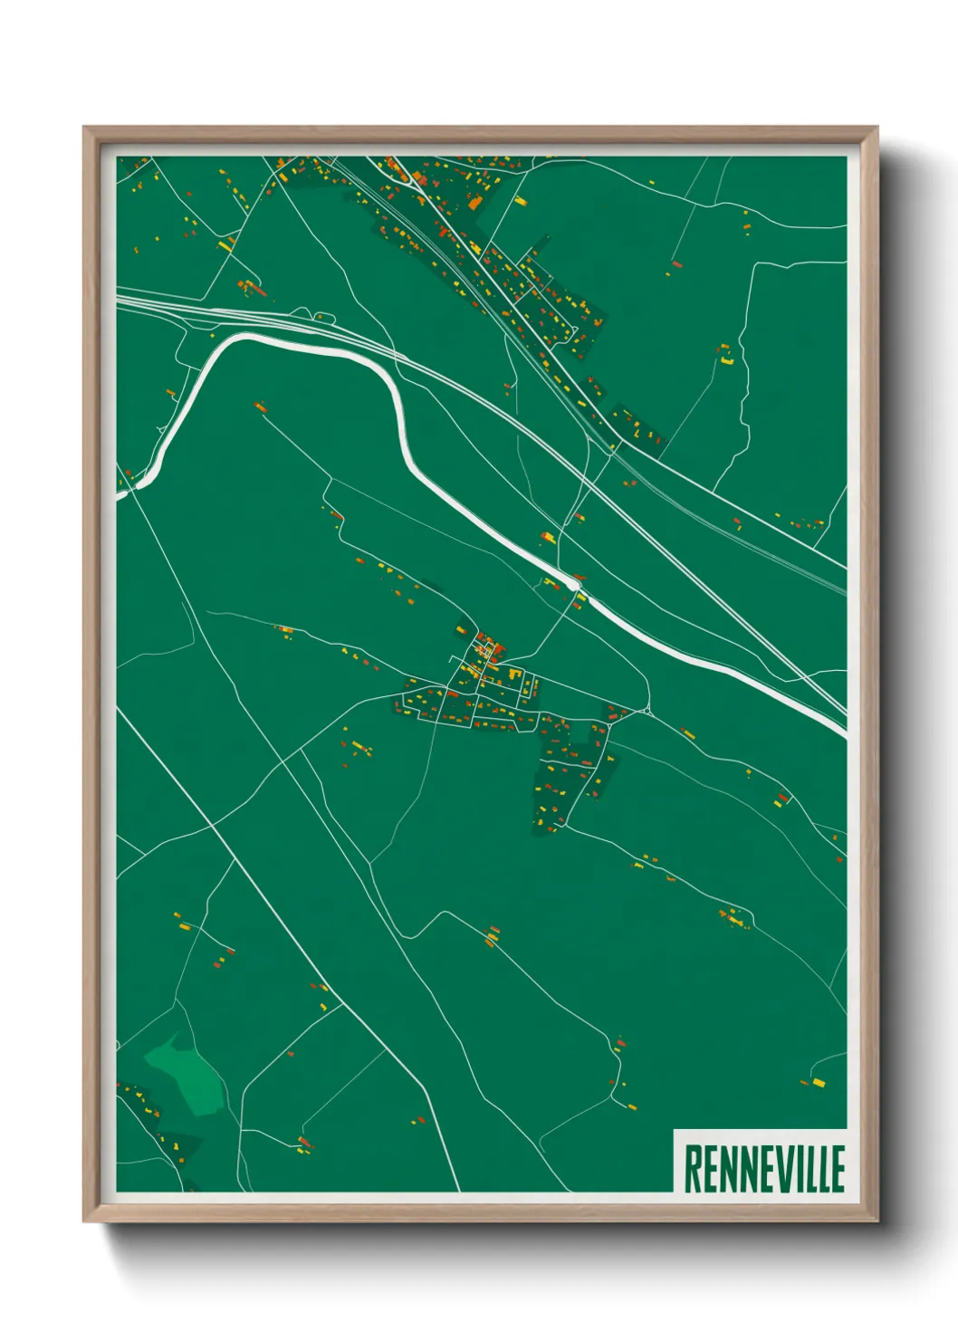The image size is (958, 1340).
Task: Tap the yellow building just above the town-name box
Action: (x=818, y=1083)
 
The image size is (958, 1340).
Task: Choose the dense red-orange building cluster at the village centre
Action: (x=489, y=649)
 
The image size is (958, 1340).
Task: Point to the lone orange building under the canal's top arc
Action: (x=260, y=405)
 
